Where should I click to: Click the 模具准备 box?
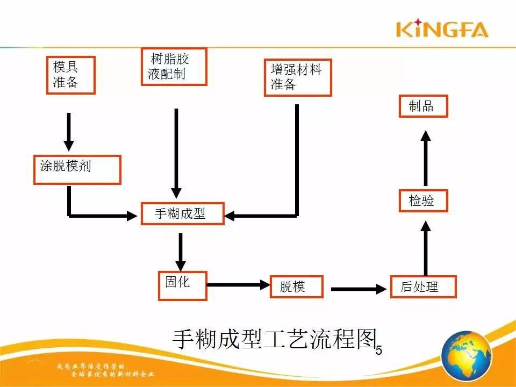coord(70,75)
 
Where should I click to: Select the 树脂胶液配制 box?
coord(174,67)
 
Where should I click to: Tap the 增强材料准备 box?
coord(297,77)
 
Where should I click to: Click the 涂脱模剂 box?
coord(77,169)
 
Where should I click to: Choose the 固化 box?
coord(182,285)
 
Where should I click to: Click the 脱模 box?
coord(296,286)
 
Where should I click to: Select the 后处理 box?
coord(423,286)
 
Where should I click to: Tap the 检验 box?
coord(424,200)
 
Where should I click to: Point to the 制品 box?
coord(424,106)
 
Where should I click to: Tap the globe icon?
coord(466,356)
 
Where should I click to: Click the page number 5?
coord(378,350)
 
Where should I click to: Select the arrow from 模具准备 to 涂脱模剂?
coord(69,131)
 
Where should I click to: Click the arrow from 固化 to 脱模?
coord(238,284)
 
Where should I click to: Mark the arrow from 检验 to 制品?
coord(425,158)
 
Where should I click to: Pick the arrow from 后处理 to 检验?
coord(425,248)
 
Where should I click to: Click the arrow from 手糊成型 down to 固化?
coord(181,252)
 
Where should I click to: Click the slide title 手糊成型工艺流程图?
coord(273,339)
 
